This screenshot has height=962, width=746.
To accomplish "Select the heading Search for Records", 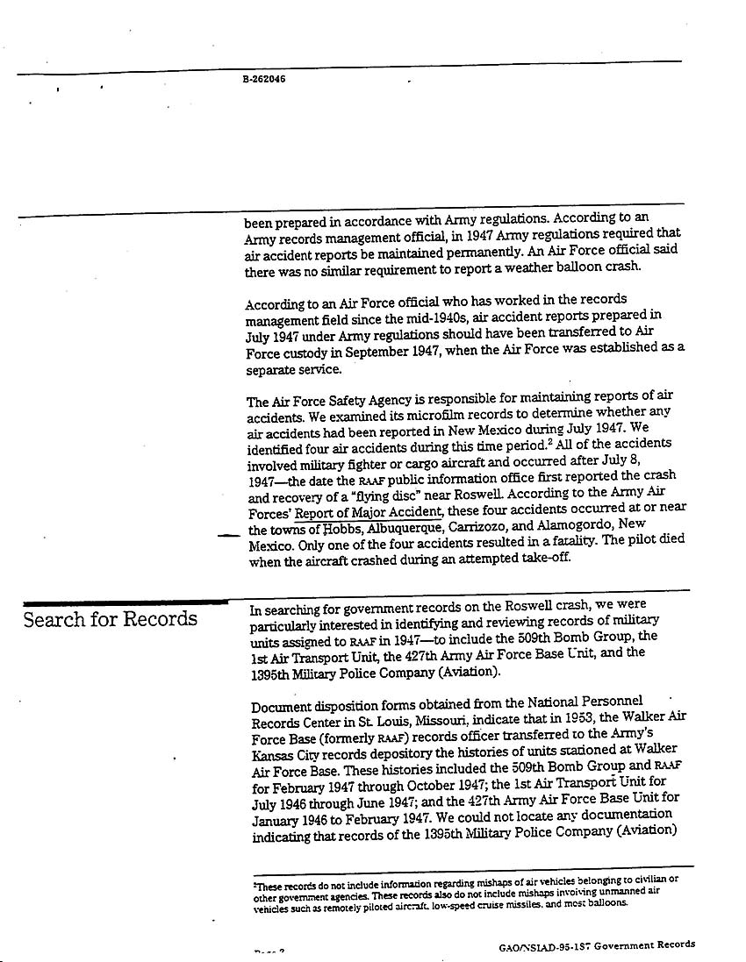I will pyautogui.click(x=110, y=620).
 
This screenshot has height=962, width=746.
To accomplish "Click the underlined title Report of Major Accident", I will pyautogui.click(x=368, y=513).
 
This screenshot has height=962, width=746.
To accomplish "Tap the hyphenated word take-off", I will pyautogui.click(x=543, y=558).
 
